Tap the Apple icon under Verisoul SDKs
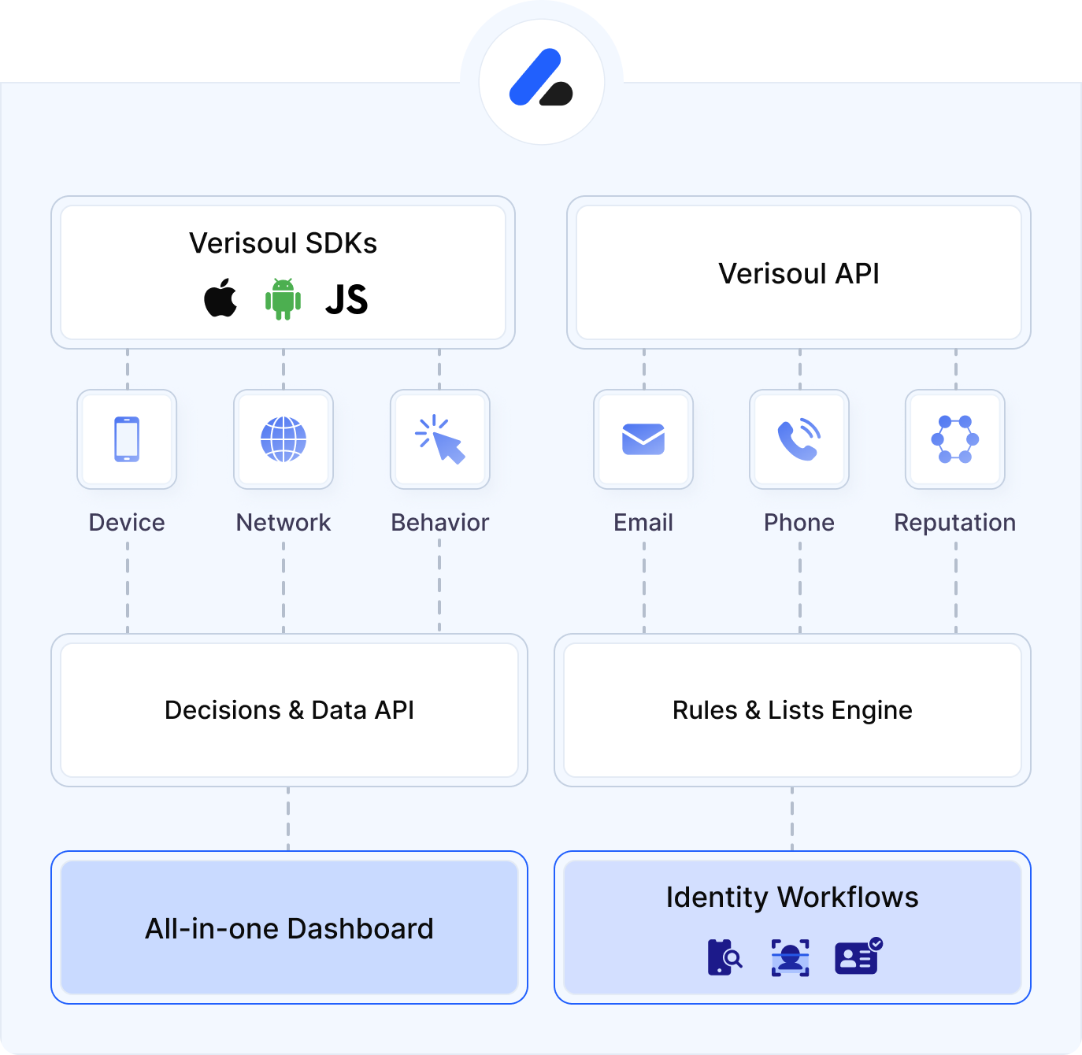click(220, 298)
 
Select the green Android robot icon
click(283, 299)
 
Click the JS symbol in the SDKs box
click(346, 300)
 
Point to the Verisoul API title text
click(799, 274)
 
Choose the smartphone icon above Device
click(127, 439)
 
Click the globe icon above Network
click(283, 439)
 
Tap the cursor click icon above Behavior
click(440, 439)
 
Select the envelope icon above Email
click(643, 439)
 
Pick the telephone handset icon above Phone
click(799, 439)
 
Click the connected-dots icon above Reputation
click(955, 439)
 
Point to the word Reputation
click(954, 523)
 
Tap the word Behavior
click(440, 523)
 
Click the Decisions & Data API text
click(289, 710)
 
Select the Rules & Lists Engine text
click(792, 710)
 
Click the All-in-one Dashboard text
click(289, 929)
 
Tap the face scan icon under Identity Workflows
click(790, 958)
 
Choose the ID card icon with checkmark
click(858, 957)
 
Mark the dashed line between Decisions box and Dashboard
click(288, 819)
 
